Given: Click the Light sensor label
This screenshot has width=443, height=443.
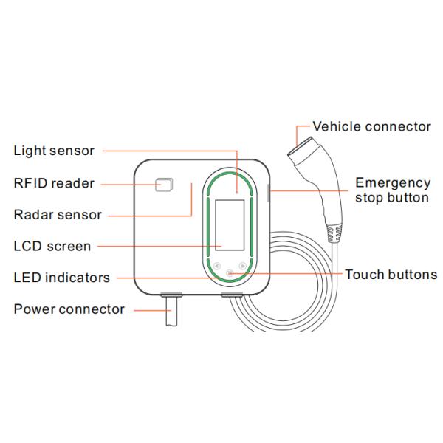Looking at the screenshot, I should (x=54, y=151).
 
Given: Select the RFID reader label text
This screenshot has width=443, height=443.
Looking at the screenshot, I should (x=54, y=183).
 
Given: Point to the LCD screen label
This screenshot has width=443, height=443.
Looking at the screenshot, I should (x=52, y=246).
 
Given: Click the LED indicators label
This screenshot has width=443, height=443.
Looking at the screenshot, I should (x=62, y=278).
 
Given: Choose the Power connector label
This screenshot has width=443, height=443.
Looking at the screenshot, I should (x=69, y=309).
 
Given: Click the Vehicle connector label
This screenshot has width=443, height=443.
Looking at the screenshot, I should (x=371, y=126).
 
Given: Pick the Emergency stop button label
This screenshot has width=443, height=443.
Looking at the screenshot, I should (x=392, y=190).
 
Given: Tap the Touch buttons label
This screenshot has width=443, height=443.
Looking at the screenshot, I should (x=391, y=275).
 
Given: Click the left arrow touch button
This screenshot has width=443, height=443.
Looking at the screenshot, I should (x=217, y=266).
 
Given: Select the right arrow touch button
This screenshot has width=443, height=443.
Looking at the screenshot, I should (x=242, y=266).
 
